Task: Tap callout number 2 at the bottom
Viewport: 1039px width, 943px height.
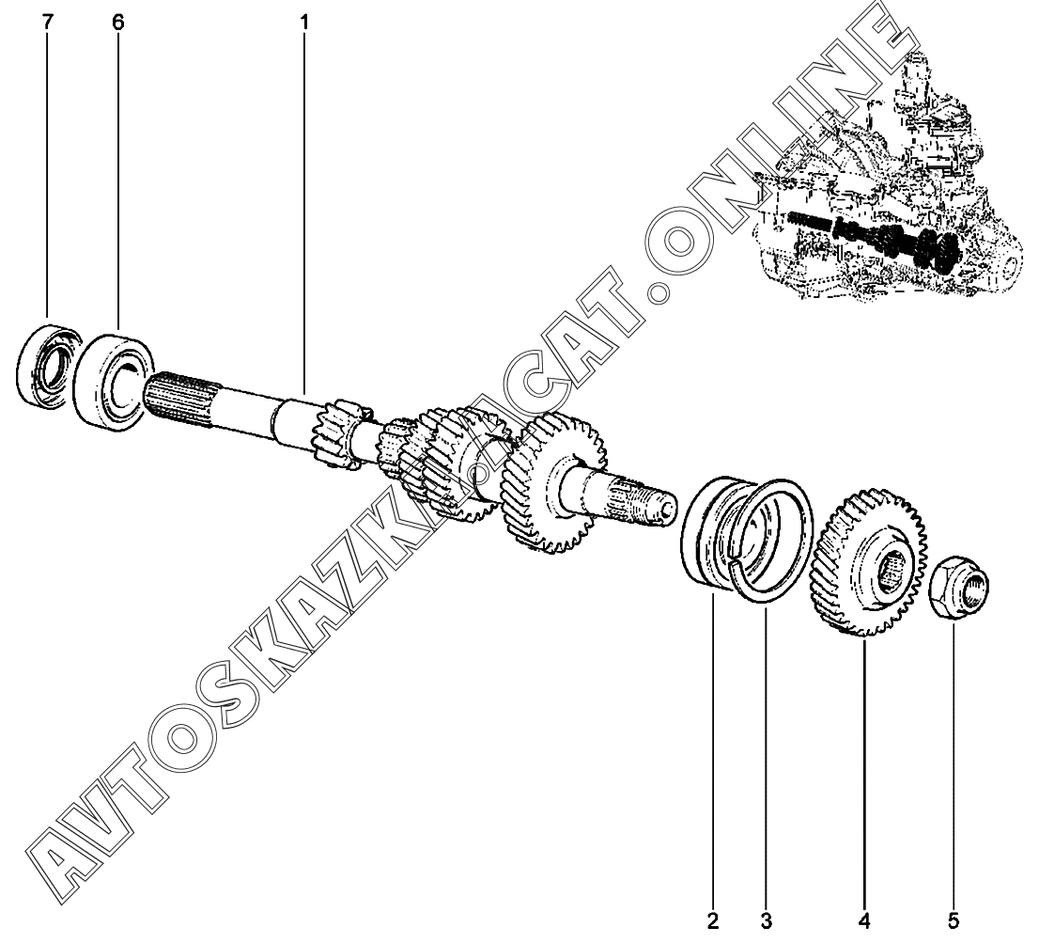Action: [713, 918]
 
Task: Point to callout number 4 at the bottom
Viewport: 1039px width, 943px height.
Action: [863, 918]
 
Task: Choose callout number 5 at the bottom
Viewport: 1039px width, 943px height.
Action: [953, 918]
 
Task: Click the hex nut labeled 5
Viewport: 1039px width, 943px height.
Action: [956, 592]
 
